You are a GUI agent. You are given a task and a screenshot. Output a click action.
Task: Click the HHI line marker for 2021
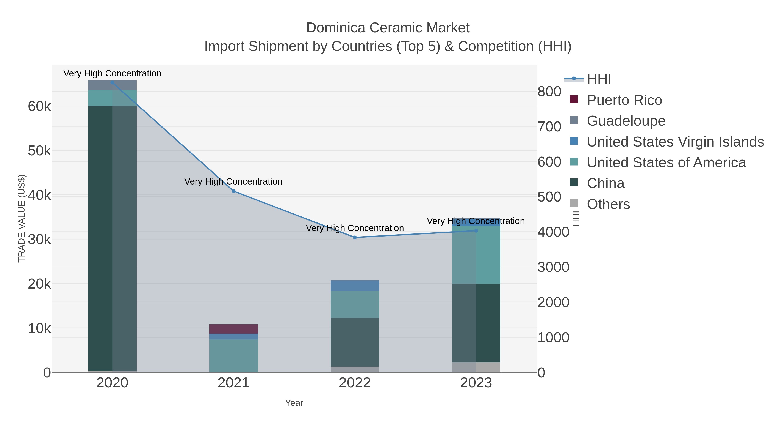coord(233,191)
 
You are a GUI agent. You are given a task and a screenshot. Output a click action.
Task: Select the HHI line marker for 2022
coord(355,238)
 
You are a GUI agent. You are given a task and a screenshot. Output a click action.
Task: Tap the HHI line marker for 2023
coord(476,231)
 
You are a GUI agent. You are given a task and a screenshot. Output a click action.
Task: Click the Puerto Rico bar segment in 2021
coord(233,329)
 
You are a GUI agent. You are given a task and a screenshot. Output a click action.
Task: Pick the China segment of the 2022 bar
coord(355,342)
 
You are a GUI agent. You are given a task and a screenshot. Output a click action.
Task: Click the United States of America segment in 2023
coord(476,255)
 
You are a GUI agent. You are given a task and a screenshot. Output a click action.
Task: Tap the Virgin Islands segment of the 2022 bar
coord(355,286)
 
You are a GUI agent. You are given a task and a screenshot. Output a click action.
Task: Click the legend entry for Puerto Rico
coord(624,100)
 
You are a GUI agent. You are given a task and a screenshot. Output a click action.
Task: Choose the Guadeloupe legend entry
coord(626,121)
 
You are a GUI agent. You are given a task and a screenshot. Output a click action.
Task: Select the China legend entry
coord(605,183)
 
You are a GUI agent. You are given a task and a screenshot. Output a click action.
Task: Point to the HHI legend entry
coord(599,79)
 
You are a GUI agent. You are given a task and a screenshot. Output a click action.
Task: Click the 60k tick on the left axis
coord(39,106)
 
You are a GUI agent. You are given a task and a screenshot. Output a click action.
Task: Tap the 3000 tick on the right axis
coord(553,267)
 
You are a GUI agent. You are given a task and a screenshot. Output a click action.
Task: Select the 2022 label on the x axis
coord(355,383)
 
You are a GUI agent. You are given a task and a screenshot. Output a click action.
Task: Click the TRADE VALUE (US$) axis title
coord(22,218)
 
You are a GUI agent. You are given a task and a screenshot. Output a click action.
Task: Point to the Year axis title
coord(294,403)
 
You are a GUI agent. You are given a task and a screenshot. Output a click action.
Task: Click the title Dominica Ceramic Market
coord(388,28)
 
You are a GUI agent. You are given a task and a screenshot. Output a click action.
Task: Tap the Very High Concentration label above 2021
coord(233,181)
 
